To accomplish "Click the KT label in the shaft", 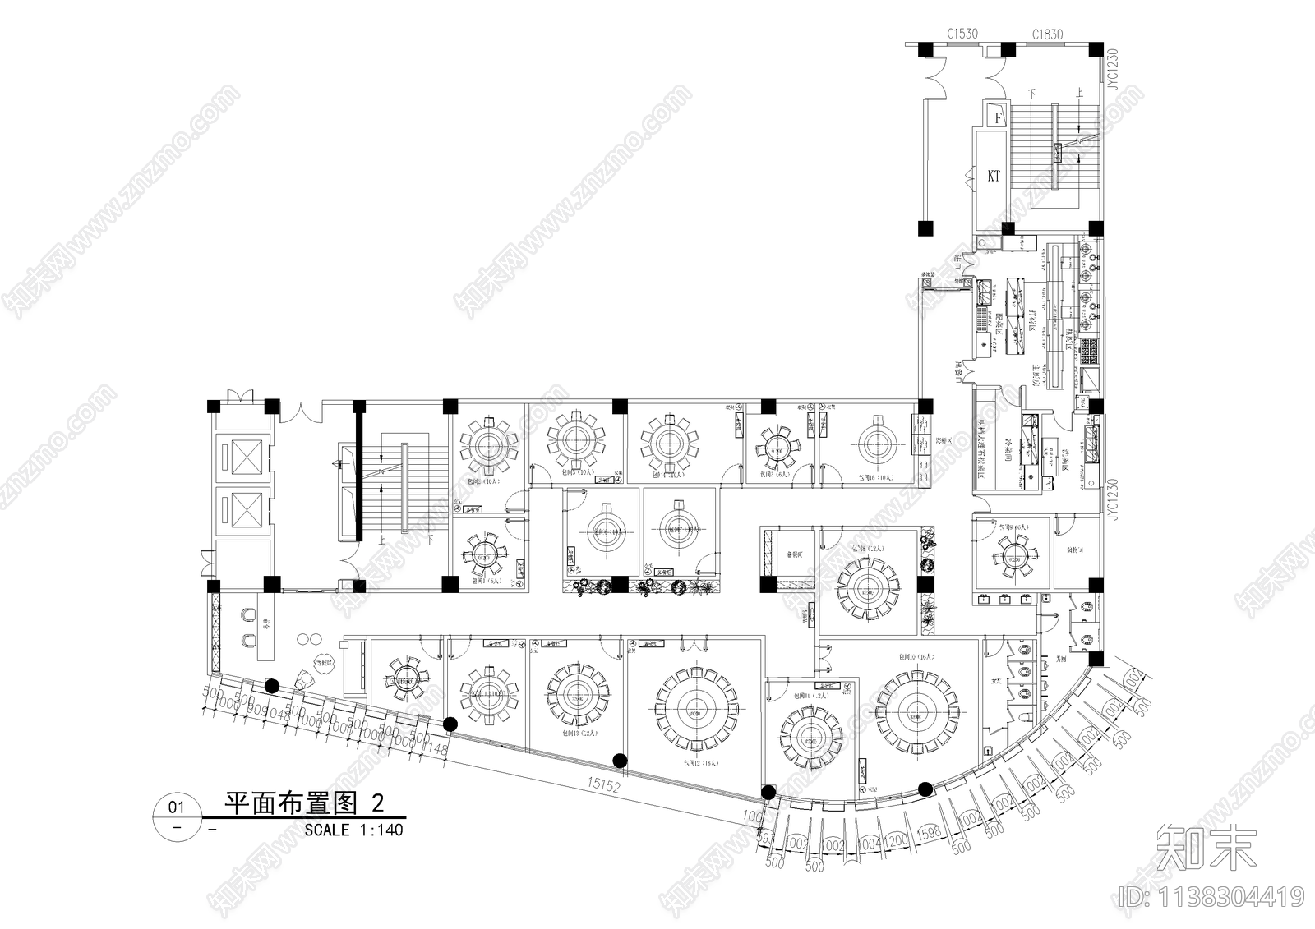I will (994, 176).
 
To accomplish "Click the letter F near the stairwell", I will (999, 117).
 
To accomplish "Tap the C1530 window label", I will (962, 34).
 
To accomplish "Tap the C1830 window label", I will (1048, 34).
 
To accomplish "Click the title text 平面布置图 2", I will (305, 803).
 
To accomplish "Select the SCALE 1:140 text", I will (353, 830).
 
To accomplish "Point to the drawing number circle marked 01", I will (177, 807).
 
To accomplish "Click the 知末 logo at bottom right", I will (1207, 848).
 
